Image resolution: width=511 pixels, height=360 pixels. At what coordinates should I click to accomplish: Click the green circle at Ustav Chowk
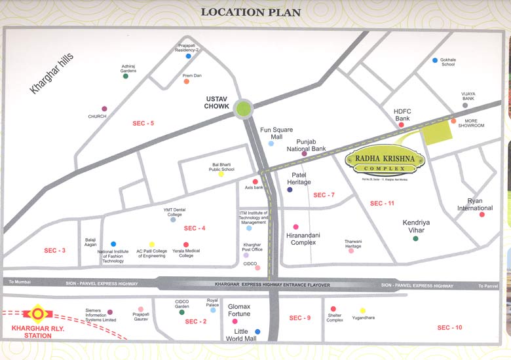pyautogui.click(x=244, y=109)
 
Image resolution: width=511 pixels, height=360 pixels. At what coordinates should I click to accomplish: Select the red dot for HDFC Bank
pyautogui.click(x=402, y=124)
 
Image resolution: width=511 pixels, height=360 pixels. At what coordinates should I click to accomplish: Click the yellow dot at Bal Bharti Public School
pyautogui.click(x=221, y=174)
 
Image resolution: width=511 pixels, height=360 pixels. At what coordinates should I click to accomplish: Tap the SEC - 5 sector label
pyautogui.click(x=143, y=123)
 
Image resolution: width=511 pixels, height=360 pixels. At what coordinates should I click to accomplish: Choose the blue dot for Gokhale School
pyautogui.click(x=434, y=60)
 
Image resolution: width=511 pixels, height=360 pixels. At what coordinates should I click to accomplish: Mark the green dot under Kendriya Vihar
pyautogui.click(x=415, y=238)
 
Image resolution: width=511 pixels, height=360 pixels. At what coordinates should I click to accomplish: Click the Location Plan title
pyautogui.click(x=251, y=12)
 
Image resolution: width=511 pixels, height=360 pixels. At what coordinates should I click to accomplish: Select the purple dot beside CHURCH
pyautogui.click(x=104, y=109)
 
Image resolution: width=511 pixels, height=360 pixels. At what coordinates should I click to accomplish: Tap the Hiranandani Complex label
pyautogui.click(x=301, y=238)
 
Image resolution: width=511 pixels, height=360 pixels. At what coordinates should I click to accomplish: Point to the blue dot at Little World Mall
pyautogui.click(x=257, y=332)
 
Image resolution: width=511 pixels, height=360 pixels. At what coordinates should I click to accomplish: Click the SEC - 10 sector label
pyautogui.click(x=449, y=327)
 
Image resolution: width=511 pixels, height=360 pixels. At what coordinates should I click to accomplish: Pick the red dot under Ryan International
pyautogui.click(x=482, y=214)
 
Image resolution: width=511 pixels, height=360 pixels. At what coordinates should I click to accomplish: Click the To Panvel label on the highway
pyautogui.click(x=488, y=286)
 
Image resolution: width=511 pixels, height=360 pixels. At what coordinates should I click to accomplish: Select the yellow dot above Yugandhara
pyautogui.click(x=362, y=310)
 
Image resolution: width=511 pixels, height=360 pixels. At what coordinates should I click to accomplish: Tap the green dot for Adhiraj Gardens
pyautogui.click(x=126, y=76)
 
